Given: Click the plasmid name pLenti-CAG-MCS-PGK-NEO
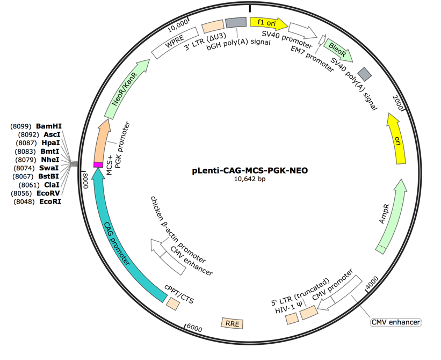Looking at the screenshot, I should [x=242, y=169].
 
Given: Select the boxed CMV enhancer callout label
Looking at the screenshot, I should [x=394, y=320].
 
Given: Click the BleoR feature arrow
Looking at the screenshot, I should [x=338, y=50].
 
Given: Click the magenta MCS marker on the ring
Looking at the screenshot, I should [x=98, y=164].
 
